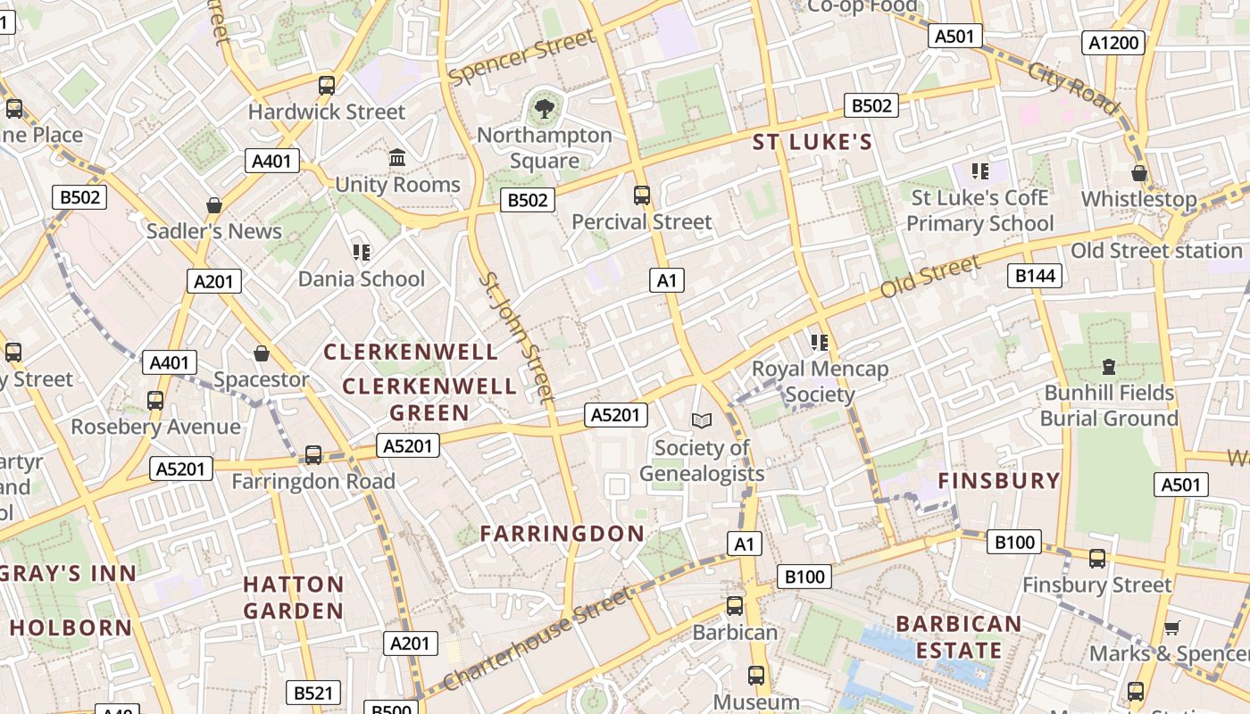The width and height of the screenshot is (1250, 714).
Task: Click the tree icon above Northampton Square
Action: (543, 110)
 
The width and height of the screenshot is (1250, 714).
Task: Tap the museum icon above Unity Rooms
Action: (397, 158)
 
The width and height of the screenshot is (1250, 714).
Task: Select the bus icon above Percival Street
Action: (641, 195)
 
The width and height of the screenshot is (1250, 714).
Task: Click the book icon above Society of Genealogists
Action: (702, 420)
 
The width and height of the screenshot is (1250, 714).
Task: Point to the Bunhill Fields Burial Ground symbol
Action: (1109, 366)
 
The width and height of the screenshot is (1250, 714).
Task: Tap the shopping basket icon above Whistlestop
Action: (1139, 172)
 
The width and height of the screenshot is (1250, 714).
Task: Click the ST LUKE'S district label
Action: (812, 142)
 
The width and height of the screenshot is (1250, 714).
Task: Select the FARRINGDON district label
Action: (562, 534)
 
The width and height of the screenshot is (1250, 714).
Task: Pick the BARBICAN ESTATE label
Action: (958, 636)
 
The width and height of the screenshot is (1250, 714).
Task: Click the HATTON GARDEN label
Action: (293, 597)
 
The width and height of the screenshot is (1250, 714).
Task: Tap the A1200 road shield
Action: (1113, 43)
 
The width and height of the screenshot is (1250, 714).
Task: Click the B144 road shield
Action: (1035, 276)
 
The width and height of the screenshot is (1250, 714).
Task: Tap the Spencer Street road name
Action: (521, 57)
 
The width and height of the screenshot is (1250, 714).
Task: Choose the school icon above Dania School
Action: (361, 253)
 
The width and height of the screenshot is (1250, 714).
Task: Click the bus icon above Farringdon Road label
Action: (312, 455)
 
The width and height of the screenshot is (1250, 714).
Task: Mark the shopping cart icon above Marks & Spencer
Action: (1171, 627)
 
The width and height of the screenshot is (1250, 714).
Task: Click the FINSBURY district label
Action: (998, 481)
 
